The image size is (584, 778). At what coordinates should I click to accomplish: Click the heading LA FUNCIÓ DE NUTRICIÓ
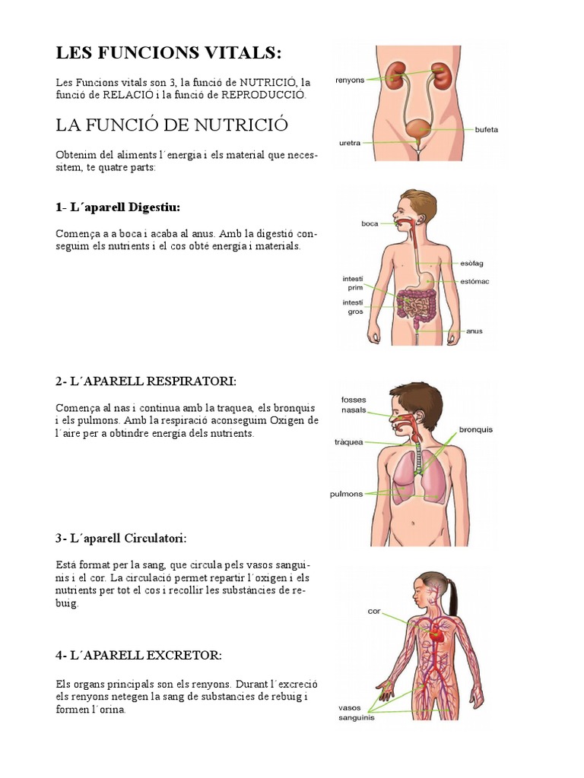point(172,124)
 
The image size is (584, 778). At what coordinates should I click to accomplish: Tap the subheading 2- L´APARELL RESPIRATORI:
point(145,380)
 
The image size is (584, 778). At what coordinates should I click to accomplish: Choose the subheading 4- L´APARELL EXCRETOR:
point(138,655)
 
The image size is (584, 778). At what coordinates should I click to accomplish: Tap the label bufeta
point(486,129)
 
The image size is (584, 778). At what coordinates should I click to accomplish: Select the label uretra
point(351,142)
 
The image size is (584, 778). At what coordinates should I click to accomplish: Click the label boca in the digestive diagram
point(370,223)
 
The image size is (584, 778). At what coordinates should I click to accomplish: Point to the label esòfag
point(471,263)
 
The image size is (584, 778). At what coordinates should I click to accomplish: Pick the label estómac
point(474,281)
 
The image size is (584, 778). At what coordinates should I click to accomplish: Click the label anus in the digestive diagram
point(474,331)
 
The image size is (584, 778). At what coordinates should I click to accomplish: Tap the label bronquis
point(475,429)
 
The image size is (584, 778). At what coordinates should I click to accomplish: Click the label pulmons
point(348,493)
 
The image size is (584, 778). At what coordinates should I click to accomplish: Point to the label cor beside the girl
point(373,610)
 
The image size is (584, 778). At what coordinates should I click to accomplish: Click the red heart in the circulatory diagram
point(434,632)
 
